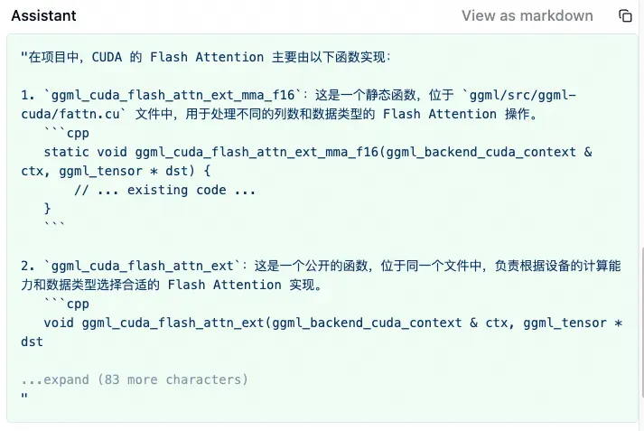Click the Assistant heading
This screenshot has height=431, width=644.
[x=43, y=15]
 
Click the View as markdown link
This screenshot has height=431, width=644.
[x=527, y=15]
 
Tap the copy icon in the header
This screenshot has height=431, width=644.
[x=625, y=15]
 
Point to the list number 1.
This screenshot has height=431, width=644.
[x=24, y=95]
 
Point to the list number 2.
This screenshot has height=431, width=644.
[x=24, y=266]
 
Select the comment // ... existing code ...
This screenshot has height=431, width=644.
[x=164, y=190]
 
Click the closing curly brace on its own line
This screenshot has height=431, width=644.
[x=47, y=209]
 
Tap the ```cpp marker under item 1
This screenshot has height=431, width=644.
[x=66, y=133]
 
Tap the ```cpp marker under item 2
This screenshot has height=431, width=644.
[x=66, y=304]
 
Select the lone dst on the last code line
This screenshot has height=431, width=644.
[x=32, y=342]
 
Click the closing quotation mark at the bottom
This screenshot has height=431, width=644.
[x=23, y=398]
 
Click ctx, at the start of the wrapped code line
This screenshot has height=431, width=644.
[x=35, y=171]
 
